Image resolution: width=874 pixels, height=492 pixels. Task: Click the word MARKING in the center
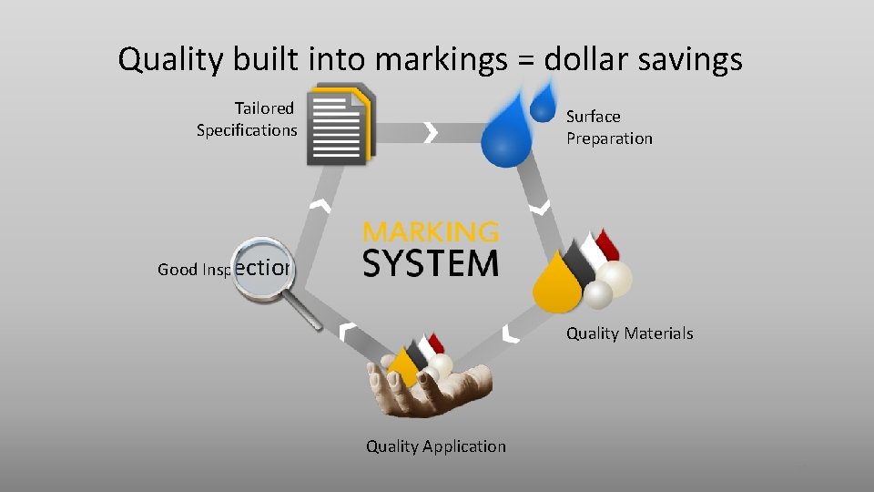(431, 231)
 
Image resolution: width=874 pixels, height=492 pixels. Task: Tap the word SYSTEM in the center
(431, 262)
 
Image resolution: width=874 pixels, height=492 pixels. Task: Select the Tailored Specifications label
(248, 119)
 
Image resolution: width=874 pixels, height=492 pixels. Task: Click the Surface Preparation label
(609, 128)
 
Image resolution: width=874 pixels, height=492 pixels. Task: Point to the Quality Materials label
(629, 333)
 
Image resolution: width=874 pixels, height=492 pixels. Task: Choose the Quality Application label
(435, 446)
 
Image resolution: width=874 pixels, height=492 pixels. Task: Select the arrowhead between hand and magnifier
(346, 331)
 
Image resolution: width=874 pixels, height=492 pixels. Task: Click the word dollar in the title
(584, 60)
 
